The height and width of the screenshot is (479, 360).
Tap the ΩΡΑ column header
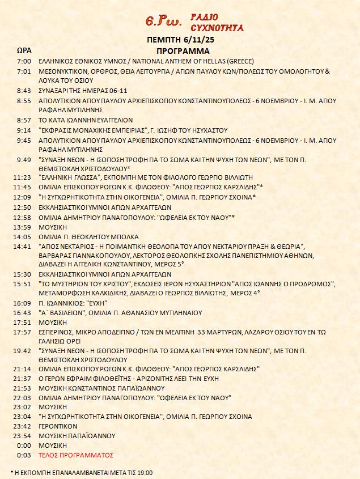click(23, 50)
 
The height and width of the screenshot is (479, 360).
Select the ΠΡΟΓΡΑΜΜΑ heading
click(180, 50)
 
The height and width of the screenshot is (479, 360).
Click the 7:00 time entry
click(24, 61)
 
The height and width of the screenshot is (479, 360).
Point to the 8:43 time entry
click(24, 91)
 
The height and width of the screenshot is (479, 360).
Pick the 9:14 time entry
click(24, 130)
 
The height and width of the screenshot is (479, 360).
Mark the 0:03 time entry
click(24, 455)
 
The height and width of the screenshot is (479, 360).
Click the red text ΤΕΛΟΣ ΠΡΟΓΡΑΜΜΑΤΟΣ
click(75, 455)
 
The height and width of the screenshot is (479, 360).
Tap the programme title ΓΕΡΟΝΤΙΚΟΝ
click(57, 426)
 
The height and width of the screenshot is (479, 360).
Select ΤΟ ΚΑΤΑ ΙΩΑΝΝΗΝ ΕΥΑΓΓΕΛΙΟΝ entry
click(85, 120)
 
